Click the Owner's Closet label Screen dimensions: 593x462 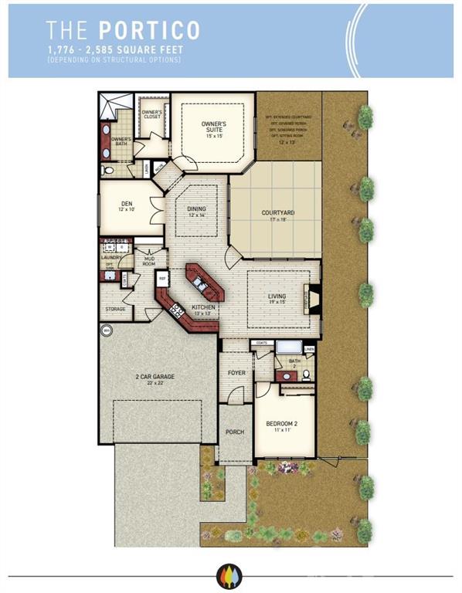pos(151,114)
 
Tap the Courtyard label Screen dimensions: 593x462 pos(277,214)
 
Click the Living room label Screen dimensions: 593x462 pos(277,298)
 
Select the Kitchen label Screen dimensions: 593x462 pos(203,309)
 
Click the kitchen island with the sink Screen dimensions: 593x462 pos(205,283)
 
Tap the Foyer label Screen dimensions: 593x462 pos(236,372)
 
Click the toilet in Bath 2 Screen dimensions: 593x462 pos(306,376)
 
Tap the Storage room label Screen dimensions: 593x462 pos(115,310)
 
